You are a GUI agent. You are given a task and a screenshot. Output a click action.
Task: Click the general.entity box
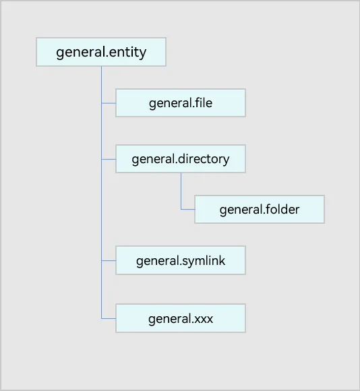point(101,52)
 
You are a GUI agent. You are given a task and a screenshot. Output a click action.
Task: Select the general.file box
point(181,102)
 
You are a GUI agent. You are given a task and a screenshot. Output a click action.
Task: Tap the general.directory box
point(181,159)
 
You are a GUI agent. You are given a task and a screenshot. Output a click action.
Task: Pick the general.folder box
point(260,209)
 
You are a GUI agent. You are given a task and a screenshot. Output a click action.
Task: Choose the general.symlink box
point(181,260)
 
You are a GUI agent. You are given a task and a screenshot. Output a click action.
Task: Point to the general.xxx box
point(181,318)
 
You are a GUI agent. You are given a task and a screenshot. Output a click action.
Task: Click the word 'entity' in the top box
point(127,52)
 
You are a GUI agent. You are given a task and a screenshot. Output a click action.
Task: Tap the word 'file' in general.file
point(204,102)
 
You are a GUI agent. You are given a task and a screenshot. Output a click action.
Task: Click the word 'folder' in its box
point(282,209)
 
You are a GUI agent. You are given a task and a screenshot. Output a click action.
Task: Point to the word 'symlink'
point(204,262)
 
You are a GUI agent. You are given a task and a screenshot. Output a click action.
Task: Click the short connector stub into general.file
point(109,103)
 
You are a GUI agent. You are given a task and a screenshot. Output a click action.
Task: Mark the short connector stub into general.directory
point(109,159)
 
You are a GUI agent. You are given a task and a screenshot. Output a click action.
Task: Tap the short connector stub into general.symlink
point(109,261)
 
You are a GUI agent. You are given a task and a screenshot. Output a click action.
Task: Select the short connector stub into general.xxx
point(109,318)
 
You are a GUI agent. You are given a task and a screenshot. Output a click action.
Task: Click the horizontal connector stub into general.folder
point(188,209)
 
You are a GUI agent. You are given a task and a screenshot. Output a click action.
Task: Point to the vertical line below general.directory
point(181,191)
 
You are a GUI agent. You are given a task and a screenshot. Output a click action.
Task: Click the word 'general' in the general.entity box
point(81,53)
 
